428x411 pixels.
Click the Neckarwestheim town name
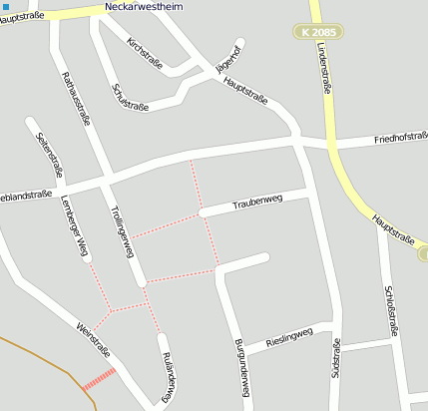[x=150, y=6]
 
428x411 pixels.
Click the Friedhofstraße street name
[x=394, y=137]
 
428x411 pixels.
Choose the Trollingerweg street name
[x=123, y=230]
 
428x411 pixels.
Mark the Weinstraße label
[x=94, y=338]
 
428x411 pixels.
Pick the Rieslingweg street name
[x=290, y=338]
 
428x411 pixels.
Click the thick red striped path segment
[x=98, y=379]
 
